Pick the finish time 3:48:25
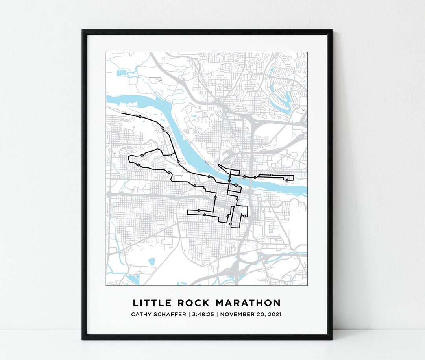(x=205, y=315)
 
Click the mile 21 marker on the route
(x=136, y=116)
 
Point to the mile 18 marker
(x=142, y=155)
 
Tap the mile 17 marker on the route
(x=139, y=165)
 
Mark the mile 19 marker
(x=170, y=155)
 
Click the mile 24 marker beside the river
(x=178, y=161)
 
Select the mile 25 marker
(x=209, y=177)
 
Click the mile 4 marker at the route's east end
(x=287, y=180)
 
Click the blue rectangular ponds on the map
(x=122, y=72)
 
